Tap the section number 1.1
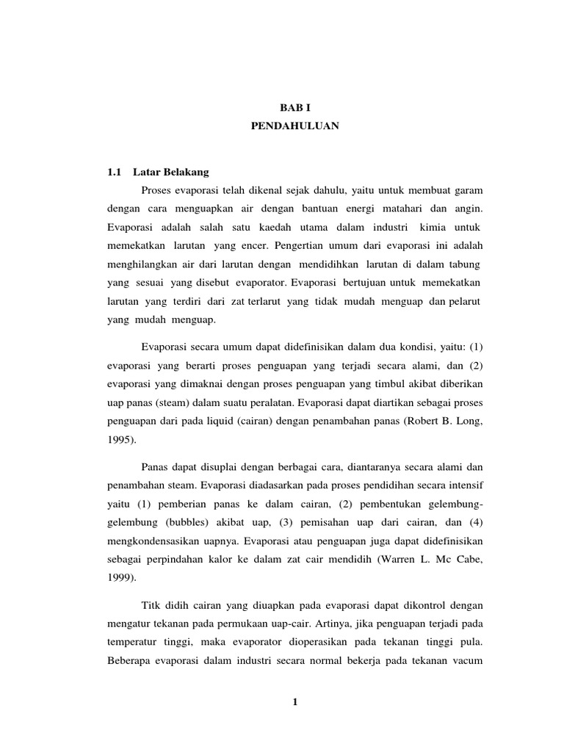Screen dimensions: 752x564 tap(113, 172)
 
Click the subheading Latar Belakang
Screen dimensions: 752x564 tap(171, 172)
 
